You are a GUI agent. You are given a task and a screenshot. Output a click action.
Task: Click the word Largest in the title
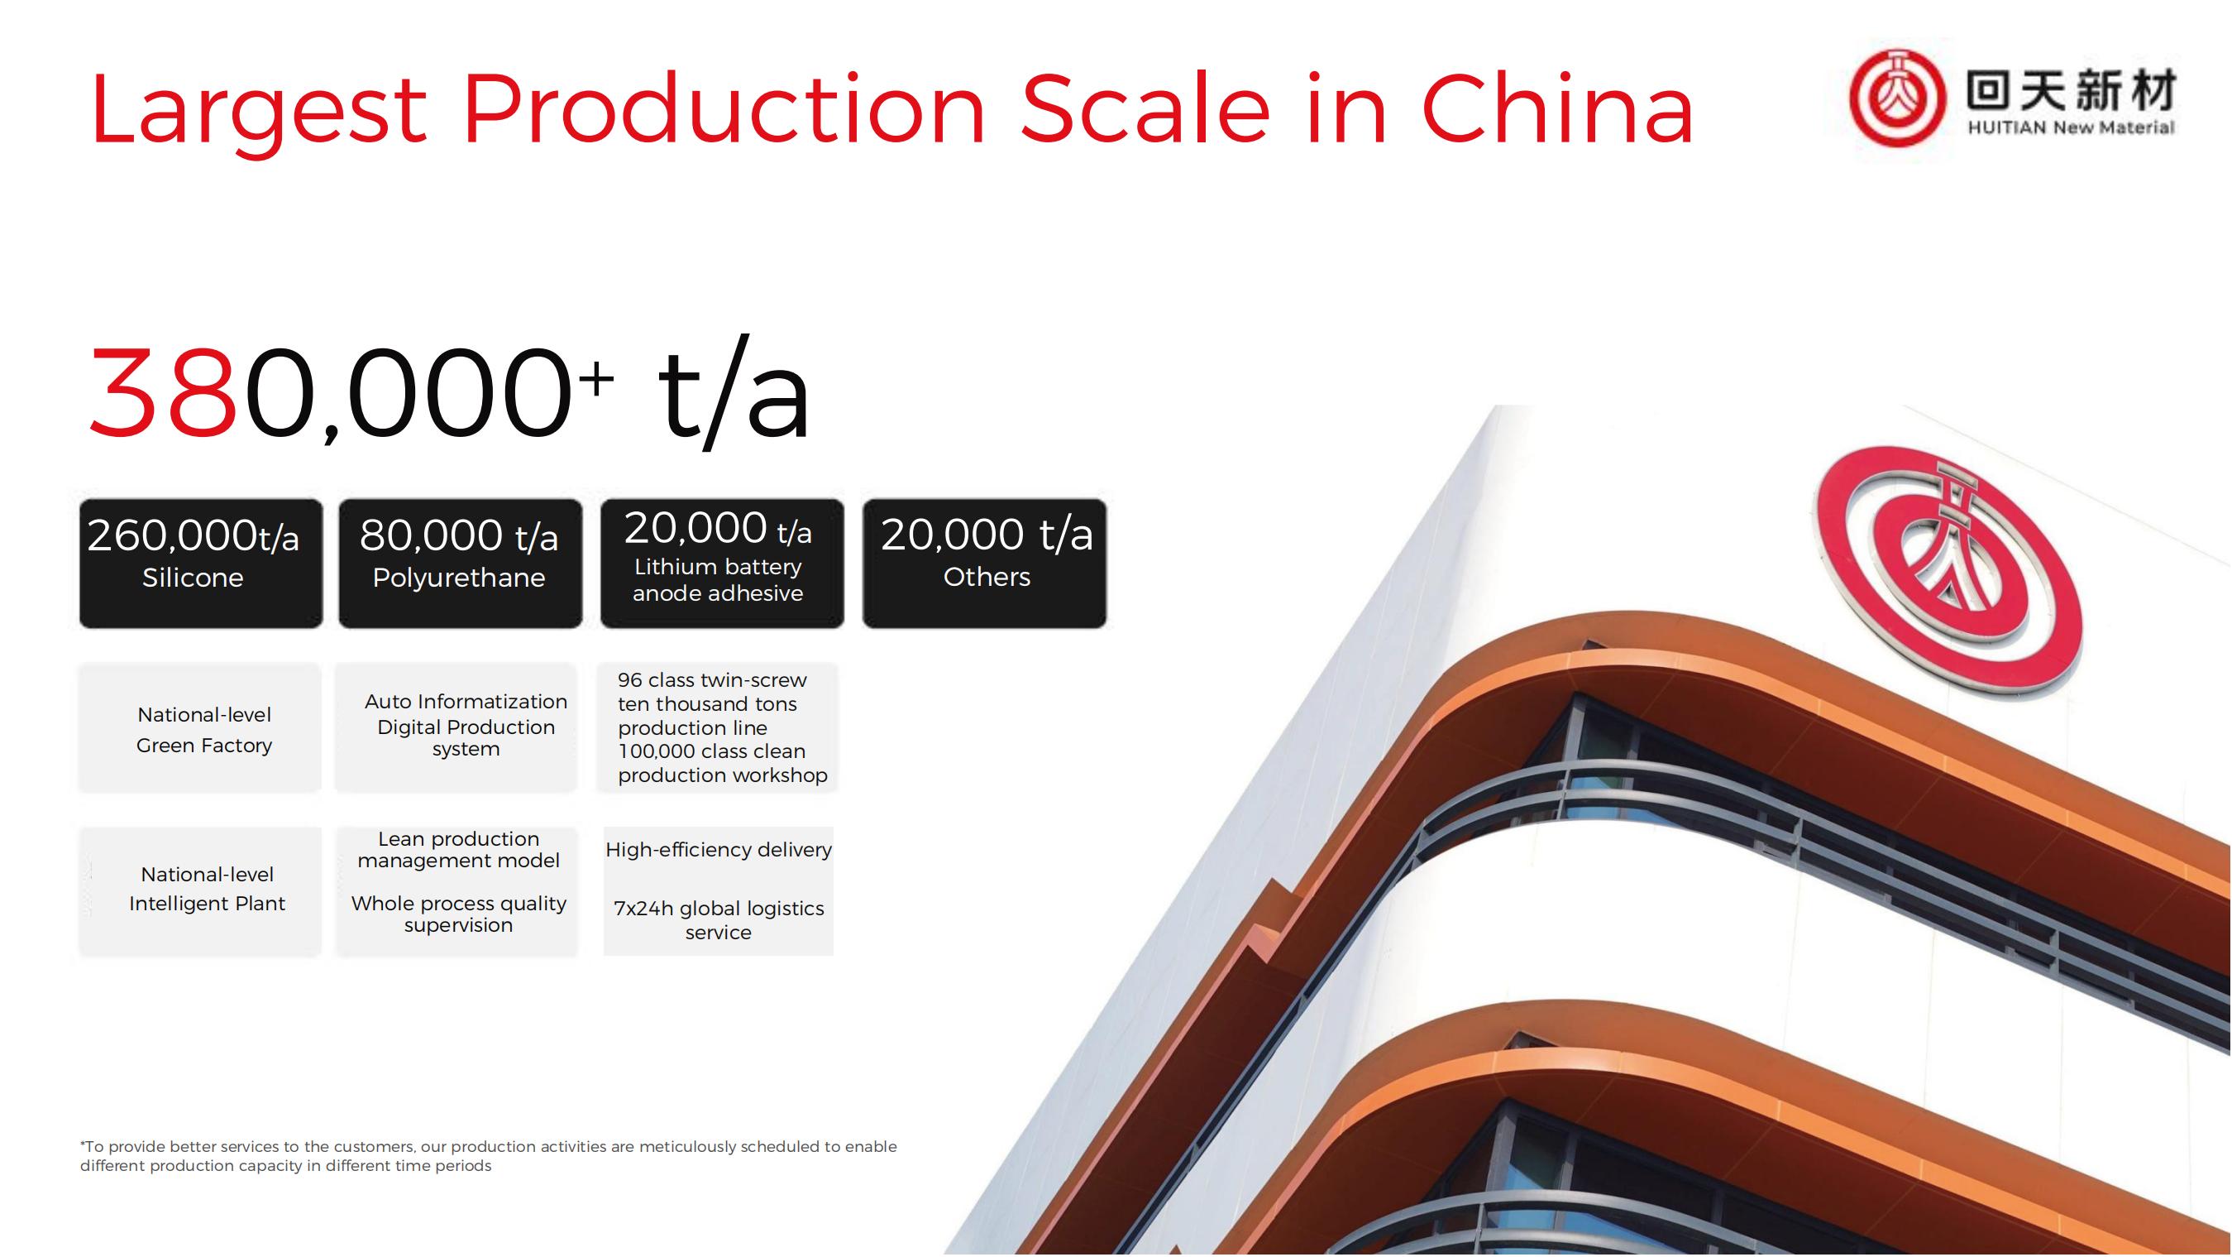pyautogui.click(x=258, y=113)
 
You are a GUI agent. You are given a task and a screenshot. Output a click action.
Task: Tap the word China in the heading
pyautogui.click(x=1557, y=108)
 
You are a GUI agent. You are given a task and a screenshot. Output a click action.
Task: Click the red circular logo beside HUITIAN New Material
pyautogui.click(x=1895, y=97)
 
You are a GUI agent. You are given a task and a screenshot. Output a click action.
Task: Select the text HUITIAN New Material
pyautogui.click(x=2071, y=128)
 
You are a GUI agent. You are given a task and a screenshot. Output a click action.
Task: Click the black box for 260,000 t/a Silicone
pyautogui.click(x=201, y=564)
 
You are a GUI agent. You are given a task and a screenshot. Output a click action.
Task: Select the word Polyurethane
pyautogui.click(x=459, y=578)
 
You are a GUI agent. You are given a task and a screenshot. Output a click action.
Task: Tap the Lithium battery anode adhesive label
pyautogui.click(x=719, y=580)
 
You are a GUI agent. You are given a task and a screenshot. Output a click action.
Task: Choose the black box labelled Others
pyautogui.click(x=984, y=564)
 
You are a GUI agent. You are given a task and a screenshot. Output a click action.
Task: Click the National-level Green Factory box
pyautogui.click(x=200, y=728)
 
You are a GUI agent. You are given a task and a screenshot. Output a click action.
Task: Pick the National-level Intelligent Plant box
pyautogui.click(x=200, y=891)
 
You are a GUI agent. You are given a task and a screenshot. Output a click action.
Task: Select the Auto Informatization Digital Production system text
pyautogui.click(x=466, y=725)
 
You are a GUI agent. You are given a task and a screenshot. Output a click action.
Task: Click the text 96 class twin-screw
pyautogui.click(x=712, y=679)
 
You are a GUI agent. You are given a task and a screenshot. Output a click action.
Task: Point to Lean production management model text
pyautogui.click(x=458, y=850)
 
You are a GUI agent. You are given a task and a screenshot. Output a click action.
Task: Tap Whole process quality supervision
pyautogui.click(x=458, y=914)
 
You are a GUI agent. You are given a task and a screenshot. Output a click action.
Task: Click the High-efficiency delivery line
pyautogui.click(x=719, y=850)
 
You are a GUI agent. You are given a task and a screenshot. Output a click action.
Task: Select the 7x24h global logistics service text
pyautogui.click(x=719, y=919)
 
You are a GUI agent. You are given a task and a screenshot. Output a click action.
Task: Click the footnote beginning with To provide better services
pyautogui.click(x=489, y=1155)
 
